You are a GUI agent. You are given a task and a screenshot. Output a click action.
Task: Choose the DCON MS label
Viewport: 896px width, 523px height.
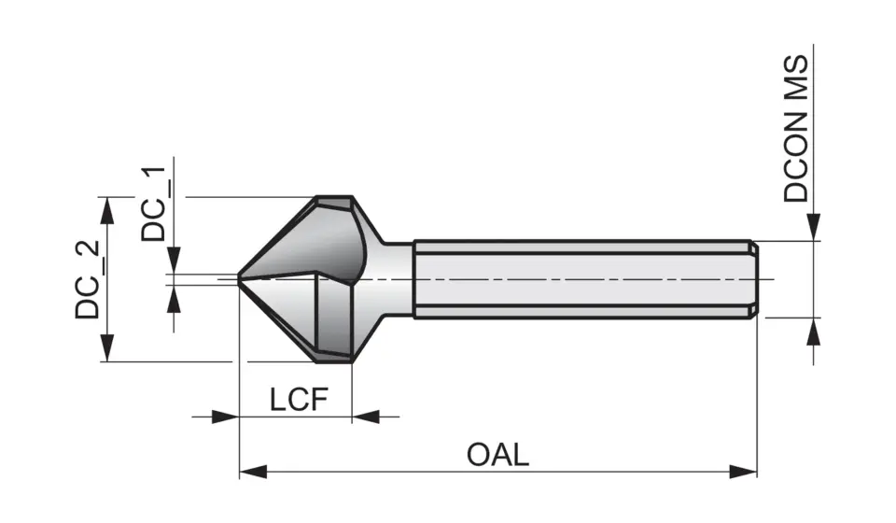point(796,128)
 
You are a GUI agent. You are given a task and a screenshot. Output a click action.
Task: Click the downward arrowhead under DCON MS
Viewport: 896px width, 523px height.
point(814,227)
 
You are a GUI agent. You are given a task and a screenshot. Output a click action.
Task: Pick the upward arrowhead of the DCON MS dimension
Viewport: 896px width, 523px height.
point(814,331)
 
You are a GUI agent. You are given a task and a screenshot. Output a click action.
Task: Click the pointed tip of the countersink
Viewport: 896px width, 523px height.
point(240,278)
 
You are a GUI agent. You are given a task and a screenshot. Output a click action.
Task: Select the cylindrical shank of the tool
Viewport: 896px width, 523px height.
point(579,279)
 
